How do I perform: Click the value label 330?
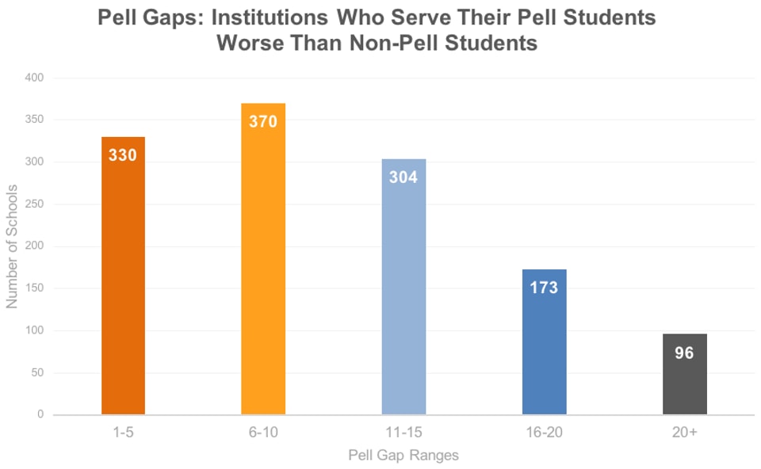[123, 155]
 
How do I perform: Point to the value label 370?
[263, 122]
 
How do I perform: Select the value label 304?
[403, 177]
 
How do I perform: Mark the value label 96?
[684, 353]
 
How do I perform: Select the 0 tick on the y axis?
[40, 414]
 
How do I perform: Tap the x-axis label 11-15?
[403, 433]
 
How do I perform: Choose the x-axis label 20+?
[684, 433]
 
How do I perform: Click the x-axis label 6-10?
[263, 433]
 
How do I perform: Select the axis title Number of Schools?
[12, 246]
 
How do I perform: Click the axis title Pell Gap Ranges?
[403, 456]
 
